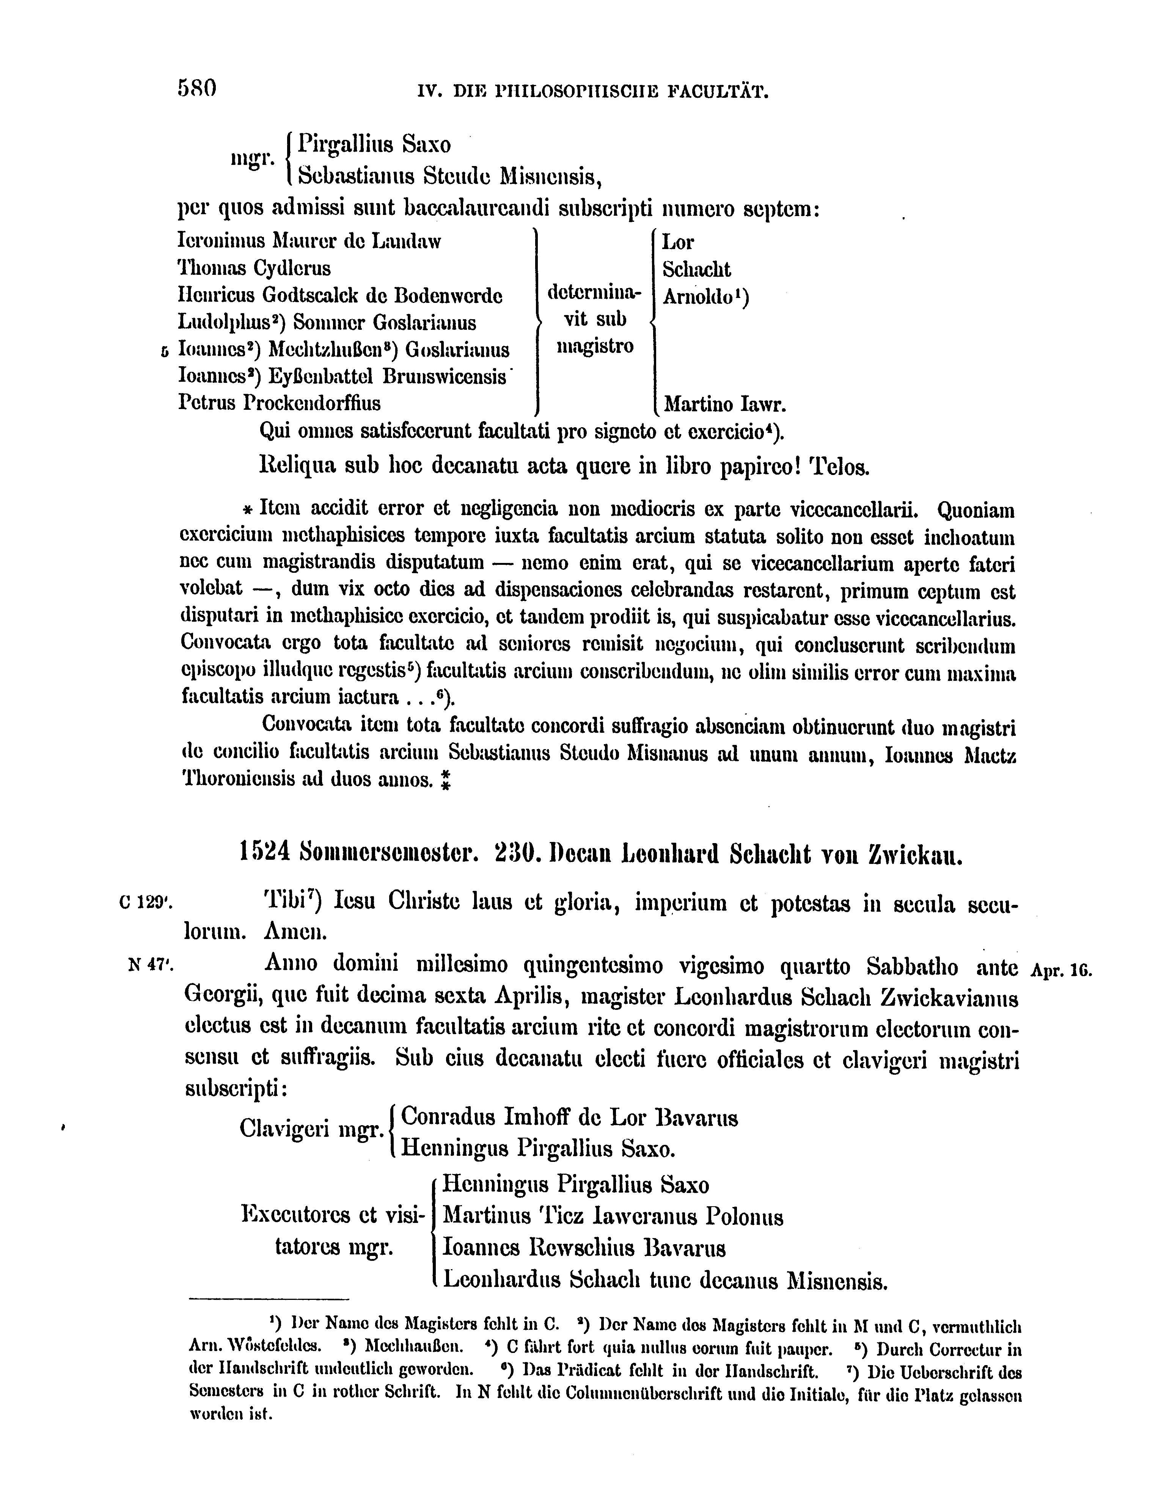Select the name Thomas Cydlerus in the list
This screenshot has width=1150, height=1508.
pyautogui.click(x=254, y=268)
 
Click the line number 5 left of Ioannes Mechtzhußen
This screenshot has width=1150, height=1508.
pyautogui.click(x=164, y=351)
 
